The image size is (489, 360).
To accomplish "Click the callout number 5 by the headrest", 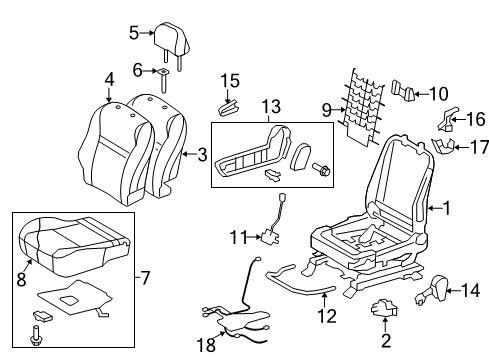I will (x=133, y=33).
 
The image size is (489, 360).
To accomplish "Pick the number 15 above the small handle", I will (x=231, y=80).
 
